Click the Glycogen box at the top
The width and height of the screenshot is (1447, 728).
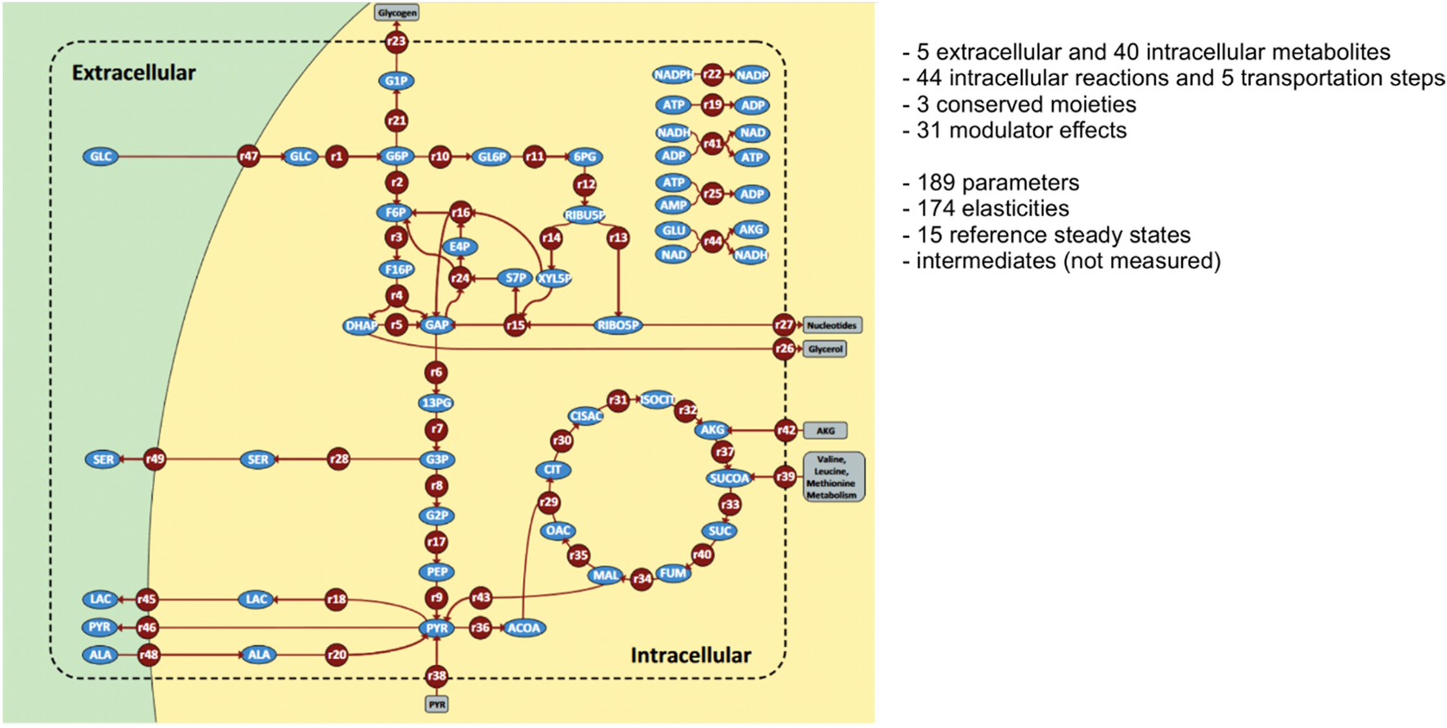(396, 12)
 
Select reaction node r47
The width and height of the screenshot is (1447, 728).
(249, 156)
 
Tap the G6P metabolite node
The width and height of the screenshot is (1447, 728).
(396, 156)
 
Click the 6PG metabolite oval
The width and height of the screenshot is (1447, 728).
(585, 157)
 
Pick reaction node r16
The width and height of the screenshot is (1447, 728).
(461, 212)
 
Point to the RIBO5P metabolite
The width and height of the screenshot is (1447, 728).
(618, 325)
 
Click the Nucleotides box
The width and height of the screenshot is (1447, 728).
(831, 325)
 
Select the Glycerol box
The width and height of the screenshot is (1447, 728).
(825, 349)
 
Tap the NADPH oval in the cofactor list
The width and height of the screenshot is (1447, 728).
(673, 75)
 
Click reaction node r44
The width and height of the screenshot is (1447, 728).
(713, 242)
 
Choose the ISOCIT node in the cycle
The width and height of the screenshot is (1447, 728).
(657, 400)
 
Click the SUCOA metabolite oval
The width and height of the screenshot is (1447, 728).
(728, 478)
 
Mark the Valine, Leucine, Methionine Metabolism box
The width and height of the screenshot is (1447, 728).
(832, 477)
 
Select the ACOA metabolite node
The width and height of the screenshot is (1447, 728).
(523, 628)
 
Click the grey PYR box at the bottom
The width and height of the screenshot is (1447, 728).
(437, 704)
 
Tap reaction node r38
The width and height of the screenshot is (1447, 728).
(437, 676)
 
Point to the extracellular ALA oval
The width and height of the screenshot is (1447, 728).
(101, 654)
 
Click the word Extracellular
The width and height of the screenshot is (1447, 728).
(133, 73)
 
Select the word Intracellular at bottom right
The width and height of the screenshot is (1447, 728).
(690, 655)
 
